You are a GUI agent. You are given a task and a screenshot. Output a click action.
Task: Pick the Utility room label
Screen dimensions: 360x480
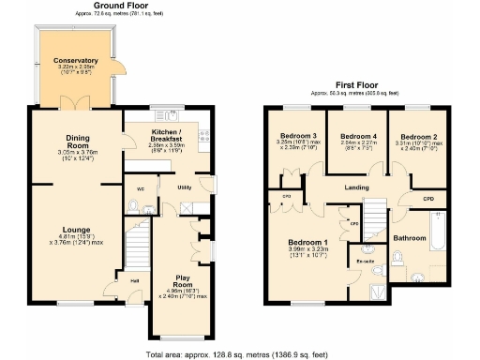[x=187, y=187]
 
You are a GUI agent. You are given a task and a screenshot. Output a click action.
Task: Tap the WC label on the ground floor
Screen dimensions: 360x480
[x=141, y=188]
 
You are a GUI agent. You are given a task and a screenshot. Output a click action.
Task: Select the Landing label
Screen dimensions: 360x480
[x=357, y=188]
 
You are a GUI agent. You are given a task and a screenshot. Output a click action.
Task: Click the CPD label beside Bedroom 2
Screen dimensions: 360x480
[x=427, y=199]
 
